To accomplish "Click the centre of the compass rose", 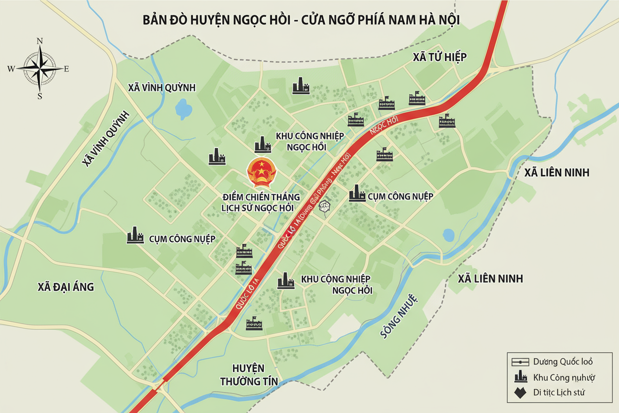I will (x=40, y=69).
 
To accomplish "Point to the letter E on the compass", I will (x=66, y=69).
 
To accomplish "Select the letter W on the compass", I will (x=11, y=69).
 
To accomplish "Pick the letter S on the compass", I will (x=40, y=96).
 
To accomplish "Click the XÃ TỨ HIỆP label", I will (x=439, y=57).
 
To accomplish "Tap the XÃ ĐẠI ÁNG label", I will (x=65, y=287).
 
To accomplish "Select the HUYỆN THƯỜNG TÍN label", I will (x=249, y=375).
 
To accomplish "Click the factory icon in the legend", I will (x=519, y=377).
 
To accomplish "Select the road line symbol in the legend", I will (x=519, y=361).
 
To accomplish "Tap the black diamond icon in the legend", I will (x=519, y=393).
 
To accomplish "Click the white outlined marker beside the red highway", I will (x=325, y=206).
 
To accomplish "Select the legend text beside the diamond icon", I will (x=559, y=393).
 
